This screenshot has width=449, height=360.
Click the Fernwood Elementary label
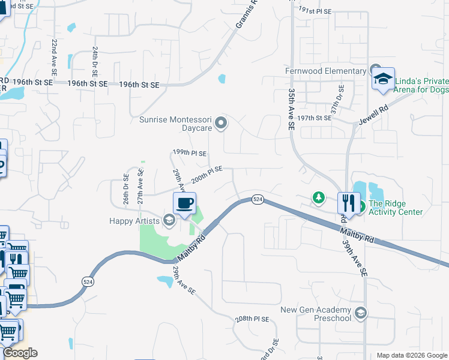[x=325, y=71]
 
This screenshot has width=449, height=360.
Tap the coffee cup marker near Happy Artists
[x=185, y=203]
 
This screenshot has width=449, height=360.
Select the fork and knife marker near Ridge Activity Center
[x=348, y=203]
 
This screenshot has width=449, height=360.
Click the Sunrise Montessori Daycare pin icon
[x=221, y=124]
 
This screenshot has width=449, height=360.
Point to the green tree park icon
[x=318, y=197]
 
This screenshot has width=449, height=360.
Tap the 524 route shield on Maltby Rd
[x=258, y=199]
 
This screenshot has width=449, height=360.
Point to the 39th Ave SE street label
[x=363, y=255]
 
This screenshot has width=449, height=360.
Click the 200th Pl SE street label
[x=207, y=175]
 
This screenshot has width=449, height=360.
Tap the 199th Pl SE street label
[x=190, y=153]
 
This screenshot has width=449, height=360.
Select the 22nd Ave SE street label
[x=54, y=57]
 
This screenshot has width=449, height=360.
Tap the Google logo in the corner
[x=20, y=353]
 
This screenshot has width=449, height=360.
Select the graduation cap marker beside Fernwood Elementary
[x=383, y=79]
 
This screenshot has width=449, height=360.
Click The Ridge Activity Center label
[x=396, y=208]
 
